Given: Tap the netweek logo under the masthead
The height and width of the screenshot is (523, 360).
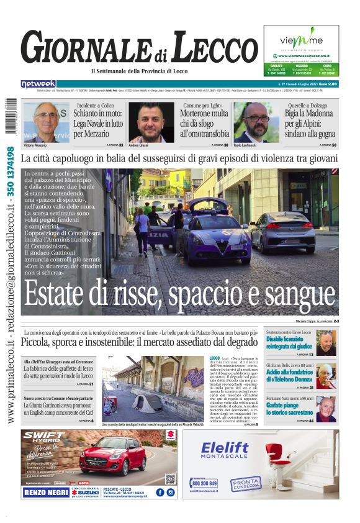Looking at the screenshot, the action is coord(38,84).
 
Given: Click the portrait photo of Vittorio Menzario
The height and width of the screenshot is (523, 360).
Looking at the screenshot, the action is coord(47,122).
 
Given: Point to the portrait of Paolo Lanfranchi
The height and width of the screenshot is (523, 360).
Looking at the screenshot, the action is coord(257,122).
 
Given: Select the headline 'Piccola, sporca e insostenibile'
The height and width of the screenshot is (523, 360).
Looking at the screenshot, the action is coord(138,342).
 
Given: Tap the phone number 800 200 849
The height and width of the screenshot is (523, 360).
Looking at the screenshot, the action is coord(204,483).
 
